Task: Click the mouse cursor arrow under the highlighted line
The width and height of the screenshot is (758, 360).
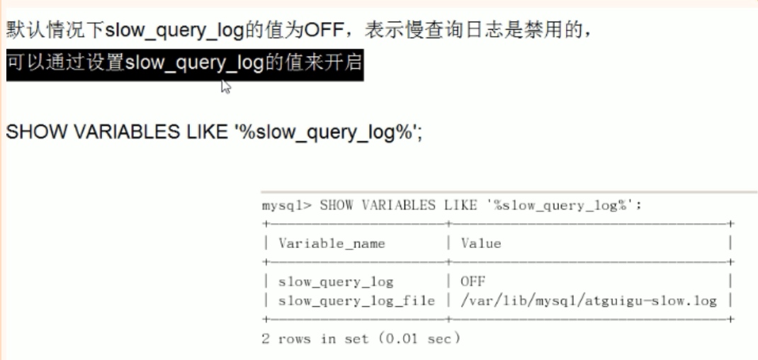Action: pyautogui.click(x=226, y=86)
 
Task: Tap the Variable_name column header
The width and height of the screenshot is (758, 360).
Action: pyautogui.click(x=332, y=243)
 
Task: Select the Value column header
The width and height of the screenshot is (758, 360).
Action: pyautogui.click(x=480, y=243)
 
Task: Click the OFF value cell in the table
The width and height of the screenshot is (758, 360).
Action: pyautogui.click(x=473, y=281)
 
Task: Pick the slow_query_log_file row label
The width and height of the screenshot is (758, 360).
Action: pyautogui.click(x=356, y=300)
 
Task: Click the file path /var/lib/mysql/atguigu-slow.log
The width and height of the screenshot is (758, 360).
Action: pyautogui.click(x=588, y=300)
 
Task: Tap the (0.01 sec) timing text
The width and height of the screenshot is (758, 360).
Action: pyautogui.click(x=418, y=339)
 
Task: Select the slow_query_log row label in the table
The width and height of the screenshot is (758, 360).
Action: pyautogui.click(x=335, y=281)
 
